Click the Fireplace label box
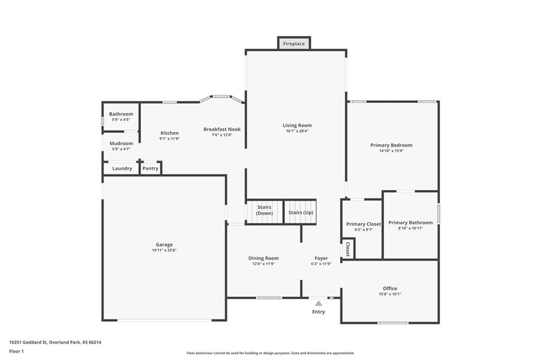[294, 43]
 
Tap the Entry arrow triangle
[319, 303]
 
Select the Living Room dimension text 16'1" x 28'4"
[297, 131]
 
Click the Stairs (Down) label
[264, 210]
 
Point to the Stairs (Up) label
[301, 212]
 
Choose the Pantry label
[150, 168]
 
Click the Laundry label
[122, 168]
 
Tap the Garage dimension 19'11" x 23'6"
[164, 250]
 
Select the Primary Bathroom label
[411, 222]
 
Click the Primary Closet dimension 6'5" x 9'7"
[363, 230]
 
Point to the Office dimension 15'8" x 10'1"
[390, 294]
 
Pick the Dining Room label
[264, 258]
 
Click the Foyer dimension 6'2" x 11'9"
[321, 264]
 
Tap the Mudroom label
[121, 144]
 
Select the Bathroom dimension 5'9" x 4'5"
[121, 120]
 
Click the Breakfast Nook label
[222, 129]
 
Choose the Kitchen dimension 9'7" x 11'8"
[170, 139]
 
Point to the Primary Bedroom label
[391, 145]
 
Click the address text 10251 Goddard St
[29, 343]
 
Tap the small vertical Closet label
[348, 249]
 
